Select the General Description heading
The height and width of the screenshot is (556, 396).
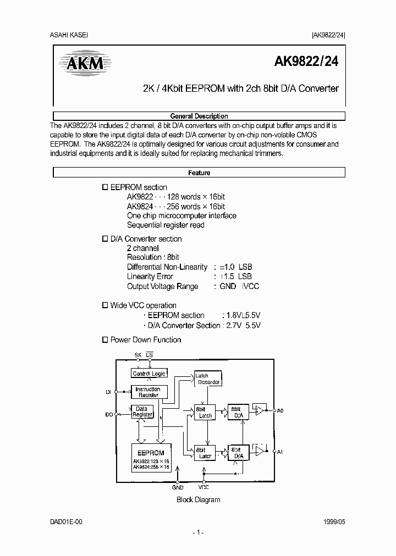[x=199, y=116]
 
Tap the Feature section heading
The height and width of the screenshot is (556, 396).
[x=199, y=173]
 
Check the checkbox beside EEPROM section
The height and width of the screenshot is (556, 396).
[x=106, y=187]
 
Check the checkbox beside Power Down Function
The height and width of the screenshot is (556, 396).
[x=106, y=340]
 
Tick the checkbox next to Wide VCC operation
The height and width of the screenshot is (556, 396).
[x=106, y=305]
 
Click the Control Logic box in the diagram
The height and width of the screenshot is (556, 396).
[x=148, y=374]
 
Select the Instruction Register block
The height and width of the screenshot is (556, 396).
[x=147, y=392]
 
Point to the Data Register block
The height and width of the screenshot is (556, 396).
[x=142, y=412]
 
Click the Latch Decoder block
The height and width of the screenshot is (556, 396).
[x=207, y=379]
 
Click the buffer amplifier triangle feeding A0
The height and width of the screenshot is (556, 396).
[x=259, y=410]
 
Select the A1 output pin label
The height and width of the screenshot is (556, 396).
[x=280, y=452]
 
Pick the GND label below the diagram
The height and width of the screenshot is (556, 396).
[x=178, y=487]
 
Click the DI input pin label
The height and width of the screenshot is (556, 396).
[x=108, y=392]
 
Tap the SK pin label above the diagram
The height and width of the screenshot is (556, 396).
[x=137, y=355]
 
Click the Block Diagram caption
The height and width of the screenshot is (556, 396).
[x=198, y=499]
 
